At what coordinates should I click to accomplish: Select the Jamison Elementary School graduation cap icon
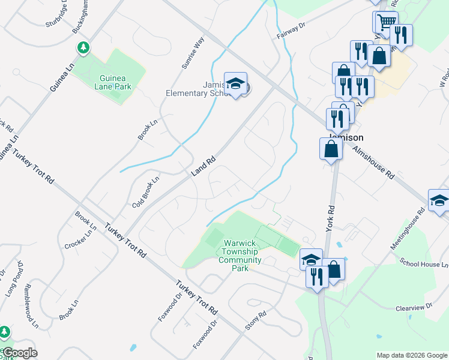click(235, 85)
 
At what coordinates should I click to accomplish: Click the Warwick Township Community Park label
click(240, 256)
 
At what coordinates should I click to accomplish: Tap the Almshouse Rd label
click(373, 163)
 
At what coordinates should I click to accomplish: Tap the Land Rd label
click(203, 167)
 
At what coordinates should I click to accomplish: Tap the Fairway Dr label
click(291, 31)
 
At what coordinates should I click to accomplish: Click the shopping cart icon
click(387, 23)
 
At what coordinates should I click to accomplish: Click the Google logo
click(20, 353)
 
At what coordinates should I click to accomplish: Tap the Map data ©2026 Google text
click(412, 355)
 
